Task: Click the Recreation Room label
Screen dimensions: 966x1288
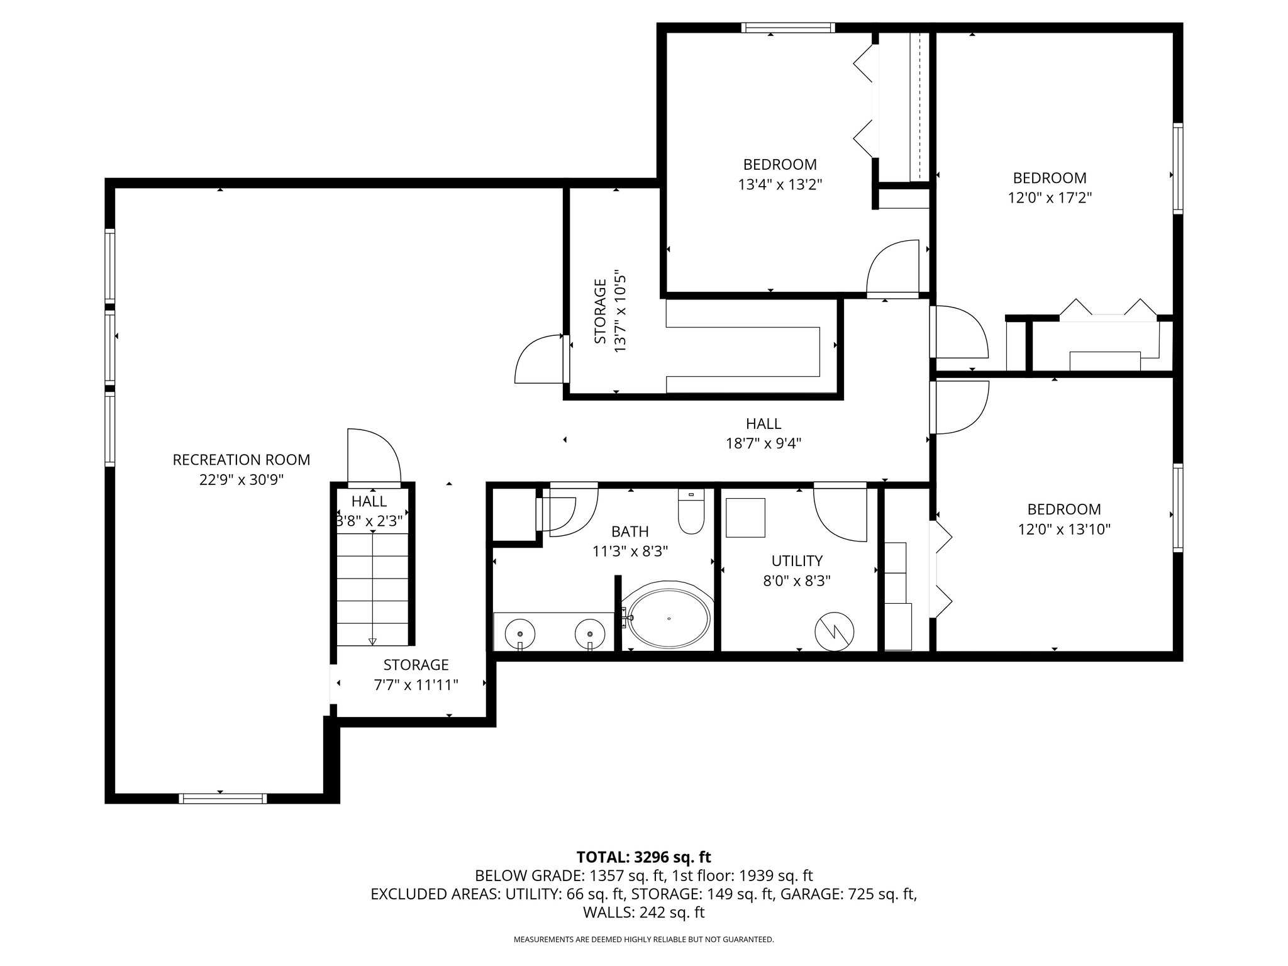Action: click(241, 460)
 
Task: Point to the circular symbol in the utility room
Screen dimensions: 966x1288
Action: click(834, 631)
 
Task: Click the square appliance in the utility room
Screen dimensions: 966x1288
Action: click(745, 518)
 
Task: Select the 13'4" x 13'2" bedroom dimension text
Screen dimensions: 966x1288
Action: click(780, 185)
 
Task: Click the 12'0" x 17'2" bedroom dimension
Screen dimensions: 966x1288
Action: click(1050, 198)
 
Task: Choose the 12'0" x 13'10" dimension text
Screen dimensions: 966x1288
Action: click(1064, 530)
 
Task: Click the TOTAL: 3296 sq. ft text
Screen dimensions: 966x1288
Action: click(643, 857)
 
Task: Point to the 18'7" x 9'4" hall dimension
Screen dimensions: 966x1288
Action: click(763, 444)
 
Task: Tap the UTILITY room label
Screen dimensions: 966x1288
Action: click(797, 560)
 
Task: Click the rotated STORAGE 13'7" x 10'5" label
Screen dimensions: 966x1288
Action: click(610, 312)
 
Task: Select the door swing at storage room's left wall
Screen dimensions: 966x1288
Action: click(538, 360)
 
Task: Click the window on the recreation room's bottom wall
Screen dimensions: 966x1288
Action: click(223, 798)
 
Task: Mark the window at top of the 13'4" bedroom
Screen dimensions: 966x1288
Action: click(787, 27)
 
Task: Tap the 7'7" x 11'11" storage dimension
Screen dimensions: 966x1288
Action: click(416, 685)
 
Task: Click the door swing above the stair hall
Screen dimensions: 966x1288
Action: click(374, 455)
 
